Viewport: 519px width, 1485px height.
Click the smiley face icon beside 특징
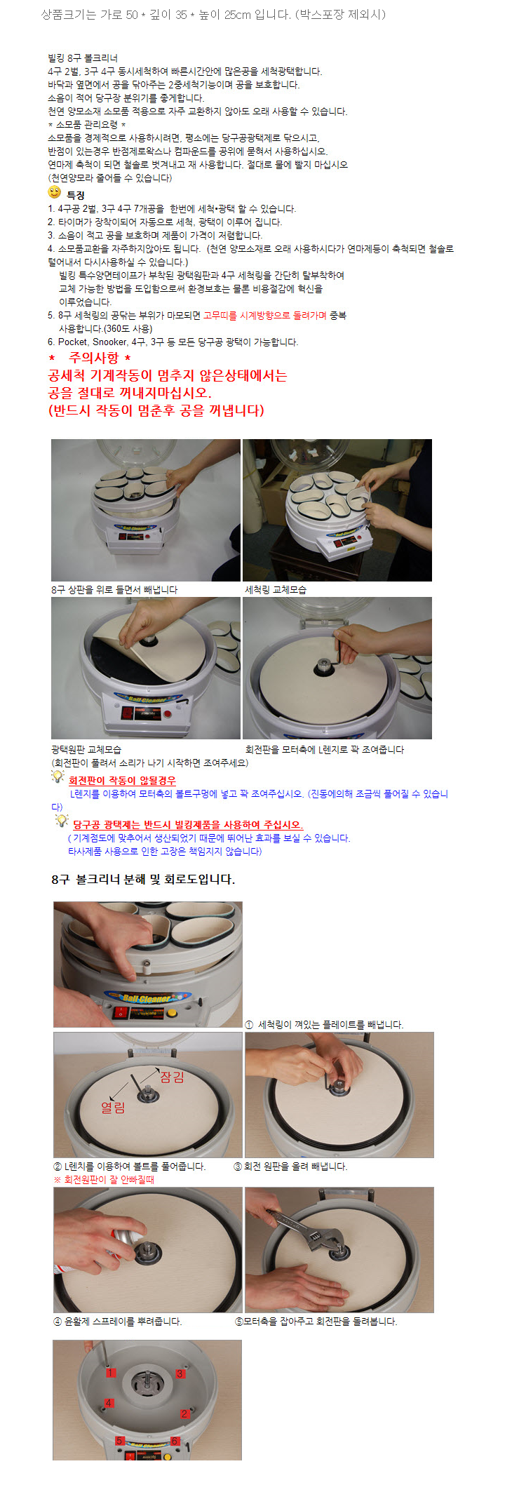click(55, 192)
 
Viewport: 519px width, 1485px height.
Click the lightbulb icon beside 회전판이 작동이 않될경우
click(58, 777)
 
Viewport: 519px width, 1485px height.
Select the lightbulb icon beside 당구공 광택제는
click(62, 821)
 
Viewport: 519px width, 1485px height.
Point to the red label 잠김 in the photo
click(172, 1077)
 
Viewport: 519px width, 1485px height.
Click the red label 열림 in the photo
click(113, 1107)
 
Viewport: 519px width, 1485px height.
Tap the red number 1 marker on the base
click(111, 1372)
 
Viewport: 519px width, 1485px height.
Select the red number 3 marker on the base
click(180, 1373)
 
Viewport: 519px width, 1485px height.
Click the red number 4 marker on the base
click(109, 1403)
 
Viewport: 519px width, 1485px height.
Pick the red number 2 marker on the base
click(184, 1413)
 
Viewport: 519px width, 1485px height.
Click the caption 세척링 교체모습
click(276, 590)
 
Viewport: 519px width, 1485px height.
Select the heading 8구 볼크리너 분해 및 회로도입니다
click(143, 879)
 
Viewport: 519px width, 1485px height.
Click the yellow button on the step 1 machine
click(171, 1012)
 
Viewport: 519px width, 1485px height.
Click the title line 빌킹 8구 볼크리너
click(83, 58)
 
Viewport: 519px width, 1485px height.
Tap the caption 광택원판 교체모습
click(86, 749)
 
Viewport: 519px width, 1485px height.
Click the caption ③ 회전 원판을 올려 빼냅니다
click(290, 1166)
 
